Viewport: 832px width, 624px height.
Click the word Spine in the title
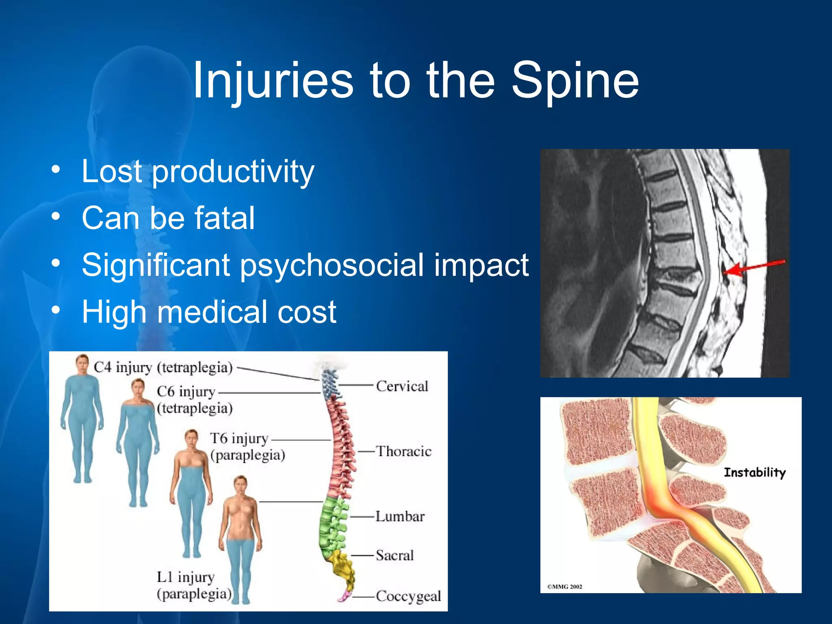click(x=575, y=81)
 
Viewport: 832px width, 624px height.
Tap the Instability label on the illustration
click(x=754, y=472)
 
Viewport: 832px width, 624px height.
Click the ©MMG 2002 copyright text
click(x=564, y=587)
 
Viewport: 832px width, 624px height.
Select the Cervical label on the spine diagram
click(x=402, y=386)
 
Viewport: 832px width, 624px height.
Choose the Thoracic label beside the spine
click(x=403, y=451)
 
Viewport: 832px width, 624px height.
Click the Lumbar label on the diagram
click(x=400, y=516)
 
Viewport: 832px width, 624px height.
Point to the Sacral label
click(x=394, y=555)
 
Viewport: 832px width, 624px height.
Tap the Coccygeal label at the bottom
click(x=408, y=596)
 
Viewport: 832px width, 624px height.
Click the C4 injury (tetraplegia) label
click(x=163, y=367)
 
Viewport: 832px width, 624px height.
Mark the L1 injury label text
click(x=186, y=577)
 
